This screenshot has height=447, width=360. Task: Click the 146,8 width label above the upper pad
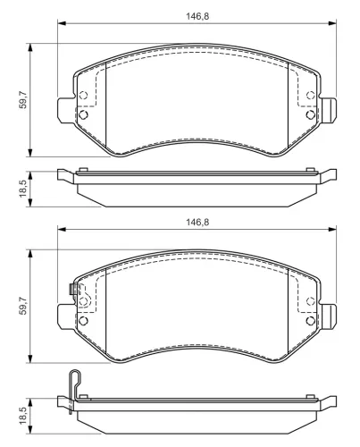tap(197, 16)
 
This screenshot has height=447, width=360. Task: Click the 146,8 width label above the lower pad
tap(197, 223)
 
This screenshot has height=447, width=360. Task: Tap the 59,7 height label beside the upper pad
tap(23, 100)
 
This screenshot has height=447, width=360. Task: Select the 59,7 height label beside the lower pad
tap(23, 306)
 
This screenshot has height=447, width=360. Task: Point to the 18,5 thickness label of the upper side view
tap(23, 189)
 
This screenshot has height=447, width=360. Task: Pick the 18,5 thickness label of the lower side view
tap(23, 416)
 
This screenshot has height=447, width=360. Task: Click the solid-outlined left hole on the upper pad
tap(83, 114)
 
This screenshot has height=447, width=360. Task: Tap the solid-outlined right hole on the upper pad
tap(311, 114)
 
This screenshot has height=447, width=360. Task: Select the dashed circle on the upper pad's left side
tap(83, 96)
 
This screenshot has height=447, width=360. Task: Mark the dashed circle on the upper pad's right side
tap(311, 96)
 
